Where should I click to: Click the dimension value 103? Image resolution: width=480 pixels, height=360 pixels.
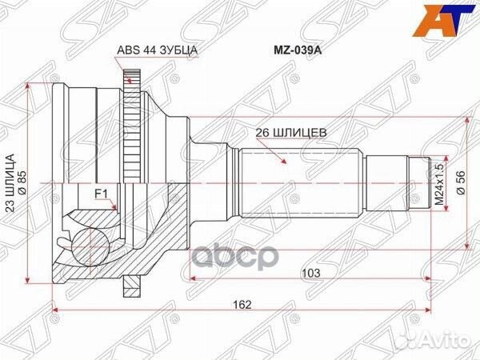312,274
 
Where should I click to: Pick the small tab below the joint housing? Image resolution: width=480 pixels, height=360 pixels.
130,285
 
